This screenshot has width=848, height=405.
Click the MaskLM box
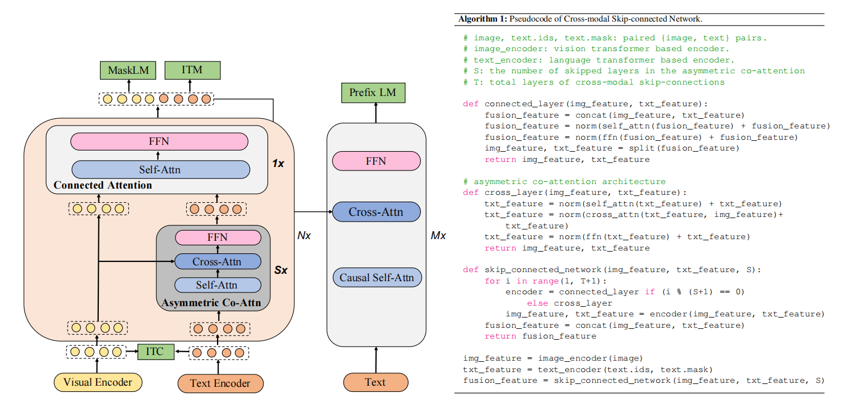[x=128, y=71]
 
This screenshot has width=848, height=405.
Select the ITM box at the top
[x=192, y=71]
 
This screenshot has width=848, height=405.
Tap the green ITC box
[x=154, y=352]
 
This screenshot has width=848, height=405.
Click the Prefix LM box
[x=373, y=93]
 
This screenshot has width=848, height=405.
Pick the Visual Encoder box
[x=97, y=382]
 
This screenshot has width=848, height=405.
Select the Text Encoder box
[x=220, y=383]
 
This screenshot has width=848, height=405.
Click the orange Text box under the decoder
[x=375, y=382]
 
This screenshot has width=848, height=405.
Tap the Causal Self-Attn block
[x=377, y=278]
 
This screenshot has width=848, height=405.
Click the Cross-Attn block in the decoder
[x=375, y=212]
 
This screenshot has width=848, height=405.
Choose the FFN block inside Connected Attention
[x=159, y=141]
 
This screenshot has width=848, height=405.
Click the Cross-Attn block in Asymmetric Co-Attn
[x=217, y=262]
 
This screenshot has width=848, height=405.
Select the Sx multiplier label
[x=281, y=270]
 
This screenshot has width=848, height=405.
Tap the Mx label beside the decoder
[x=438, y=235]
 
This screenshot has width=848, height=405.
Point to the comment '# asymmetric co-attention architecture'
[x=564, y=182]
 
